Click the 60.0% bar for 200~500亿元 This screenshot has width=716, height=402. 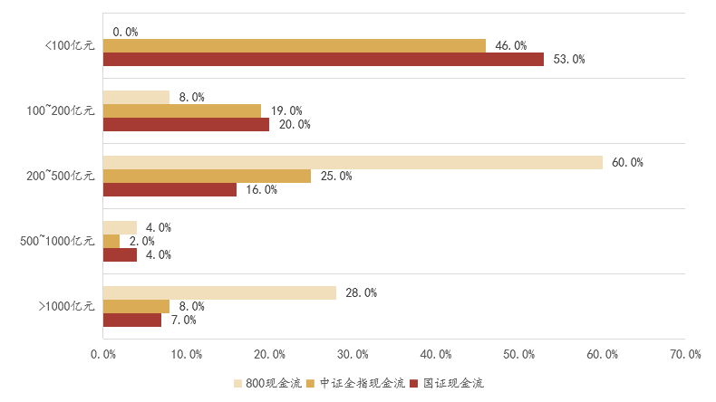[x=352, y=162]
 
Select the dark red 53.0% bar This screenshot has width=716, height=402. [x=323, y=59]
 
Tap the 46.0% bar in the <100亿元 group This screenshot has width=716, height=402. [x=294, y=45]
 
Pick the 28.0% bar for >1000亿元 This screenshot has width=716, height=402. [x=218, y=292]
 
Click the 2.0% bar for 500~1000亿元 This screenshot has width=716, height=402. [x=111, y=241]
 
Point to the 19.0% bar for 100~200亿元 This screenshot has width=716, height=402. [x=181, y=110]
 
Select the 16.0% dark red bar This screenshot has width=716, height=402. [x=169, y=189]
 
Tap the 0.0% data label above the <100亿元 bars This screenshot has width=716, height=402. [x=125, y=32]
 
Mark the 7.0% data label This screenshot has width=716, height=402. [x=185, y=320]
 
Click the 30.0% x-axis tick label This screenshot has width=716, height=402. [x=353, y=354]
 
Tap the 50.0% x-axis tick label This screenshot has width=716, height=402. [x=519, y=354]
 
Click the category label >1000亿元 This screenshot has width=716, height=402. [x=66, y=306]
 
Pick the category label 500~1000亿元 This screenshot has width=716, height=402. [x=58, y=241]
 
